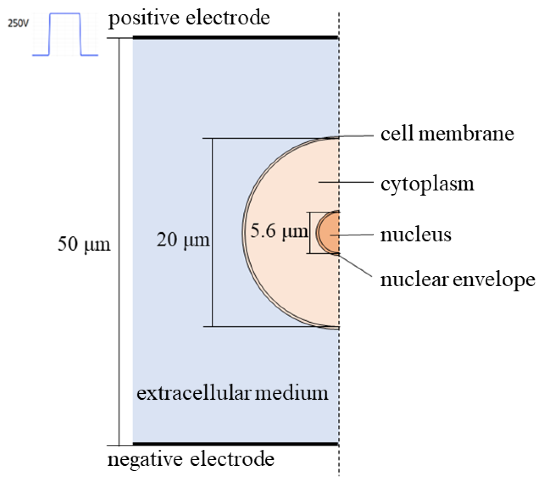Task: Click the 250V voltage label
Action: click(18, 24)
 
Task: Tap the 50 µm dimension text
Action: click(84, 244)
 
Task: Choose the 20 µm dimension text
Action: click(183, 240)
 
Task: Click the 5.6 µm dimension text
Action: click(279, 231)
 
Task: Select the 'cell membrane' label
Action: click(447, 134)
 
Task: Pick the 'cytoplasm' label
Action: click(427, 184)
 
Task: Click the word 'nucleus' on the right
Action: click(416, 235)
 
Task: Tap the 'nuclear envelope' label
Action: click(458, 280)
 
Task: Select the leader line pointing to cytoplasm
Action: click(346, 182)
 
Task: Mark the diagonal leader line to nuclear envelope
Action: click(355, 265)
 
